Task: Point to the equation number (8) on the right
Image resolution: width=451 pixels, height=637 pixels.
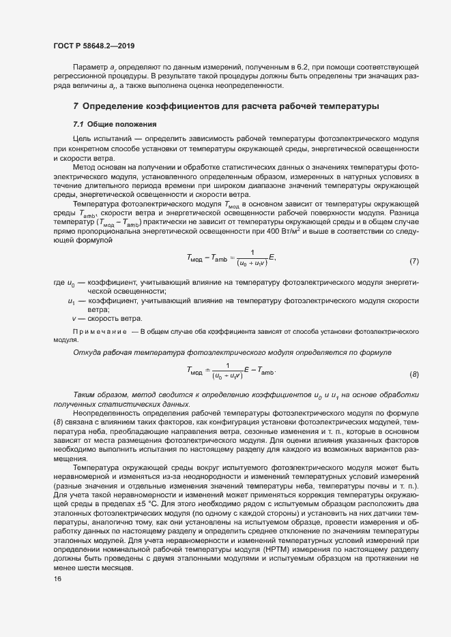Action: click(413, 375)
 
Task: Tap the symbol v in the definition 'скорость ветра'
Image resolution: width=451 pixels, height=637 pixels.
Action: click(74, 318)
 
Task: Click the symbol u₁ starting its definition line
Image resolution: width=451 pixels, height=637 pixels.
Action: click(72, 300)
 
